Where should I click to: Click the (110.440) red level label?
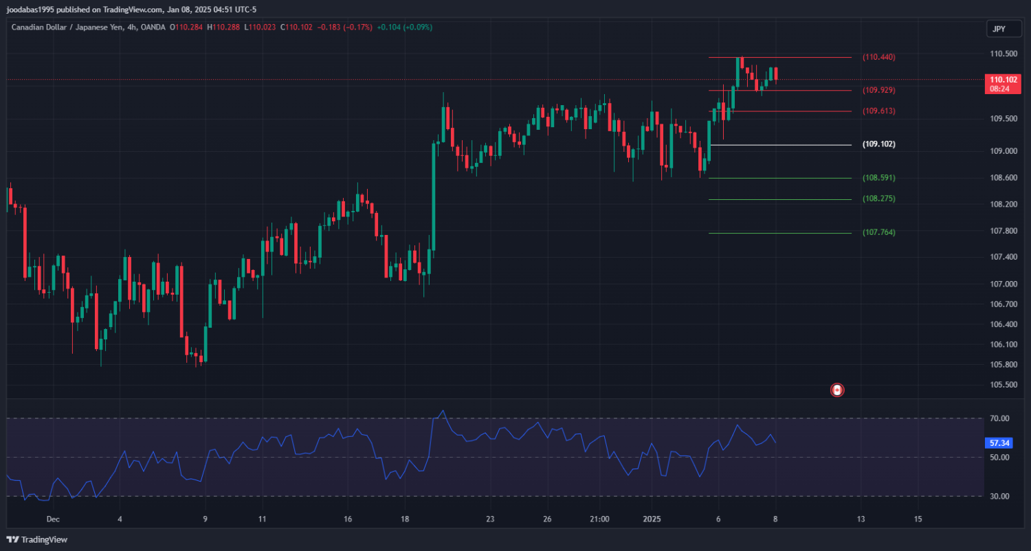[x=878, y=57]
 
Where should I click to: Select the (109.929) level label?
[x=878, y=90]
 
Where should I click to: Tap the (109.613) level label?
[x=878, y=111]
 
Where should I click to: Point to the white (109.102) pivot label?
[x=879, y=144]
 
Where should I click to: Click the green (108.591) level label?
[x=878, y=177]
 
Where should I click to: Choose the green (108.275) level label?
[x=878, y=199]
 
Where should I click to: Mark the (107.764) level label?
[x=878, y=232]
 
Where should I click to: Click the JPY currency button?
[x=999, y=28]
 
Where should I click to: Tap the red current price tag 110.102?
[x=1000, y=79]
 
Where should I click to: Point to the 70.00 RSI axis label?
[x=999, y=418]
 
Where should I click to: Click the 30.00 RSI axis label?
[x=999, y=496]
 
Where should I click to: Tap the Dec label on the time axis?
[x=54, y=519]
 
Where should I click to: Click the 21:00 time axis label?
[x=599, y=519]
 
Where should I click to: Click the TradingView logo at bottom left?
[x=37, y=539]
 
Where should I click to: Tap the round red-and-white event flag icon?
[x=837, y=390]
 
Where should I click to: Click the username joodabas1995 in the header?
[x=30, y=9]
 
